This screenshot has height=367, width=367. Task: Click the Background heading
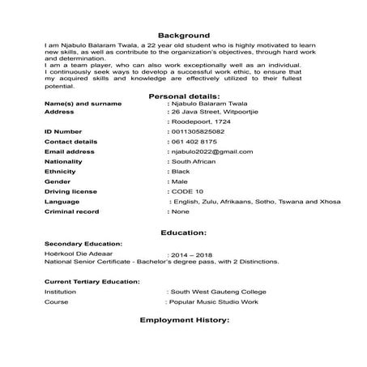(x=183, y=36)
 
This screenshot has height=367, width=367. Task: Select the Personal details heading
(x=183, y=96)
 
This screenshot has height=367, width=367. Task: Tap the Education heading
(x=183, y=233)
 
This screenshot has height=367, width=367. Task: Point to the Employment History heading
(x=184, y=320)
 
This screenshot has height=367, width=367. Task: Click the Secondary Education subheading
(x=83, y=243)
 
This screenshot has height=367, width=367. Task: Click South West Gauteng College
(x=216, y=290)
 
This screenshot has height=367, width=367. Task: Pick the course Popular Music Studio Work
(x=215, y=301)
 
